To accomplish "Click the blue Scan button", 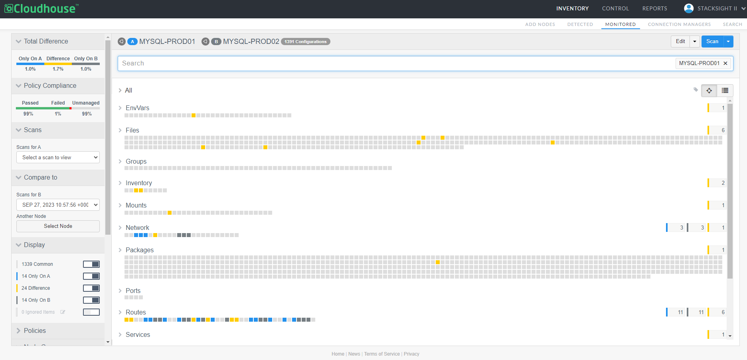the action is point(712,42).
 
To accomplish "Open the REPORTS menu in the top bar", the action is point(654,8).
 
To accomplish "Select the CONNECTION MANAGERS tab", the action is point(679,24).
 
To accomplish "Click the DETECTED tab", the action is point(580,24).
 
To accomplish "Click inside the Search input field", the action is point(395,63).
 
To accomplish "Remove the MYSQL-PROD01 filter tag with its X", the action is point(725,63).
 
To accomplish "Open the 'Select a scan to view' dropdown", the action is point(58,157).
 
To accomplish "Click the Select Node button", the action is point(58,226).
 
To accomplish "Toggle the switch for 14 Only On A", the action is point(91,276).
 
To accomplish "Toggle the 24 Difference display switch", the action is point(91,288).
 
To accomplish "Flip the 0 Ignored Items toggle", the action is point(91,312).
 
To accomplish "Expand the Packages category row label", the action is point(139,250).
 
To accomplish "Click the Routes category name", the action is point(136,313).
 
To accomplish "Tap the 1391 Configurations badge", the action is point(306,42).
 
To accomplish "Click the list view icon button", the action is point(725,91).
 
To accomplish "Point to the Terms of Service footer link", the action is point(382,354).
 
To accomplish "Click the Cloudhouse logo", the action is point(41,8).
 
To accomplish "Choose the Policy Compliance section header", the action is point(50,86).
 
